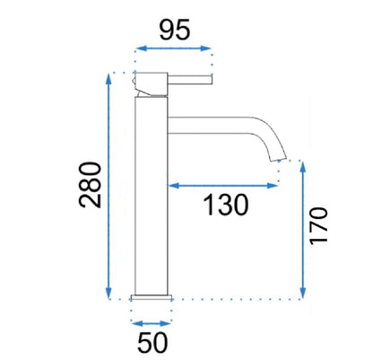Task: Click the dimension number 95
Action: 175,30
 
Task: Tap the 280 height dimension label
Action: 90,185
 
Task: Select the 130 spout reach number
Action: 226,205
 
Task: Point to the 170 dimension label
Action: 318,226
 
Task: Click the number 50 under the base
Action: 152,342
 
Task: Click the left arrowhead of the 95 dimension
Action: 142,48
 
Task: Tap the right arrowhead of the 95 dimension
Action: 205,48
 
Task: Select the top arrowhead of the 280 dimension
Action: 108,79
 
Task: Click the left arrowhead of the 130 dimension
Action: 174,186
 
